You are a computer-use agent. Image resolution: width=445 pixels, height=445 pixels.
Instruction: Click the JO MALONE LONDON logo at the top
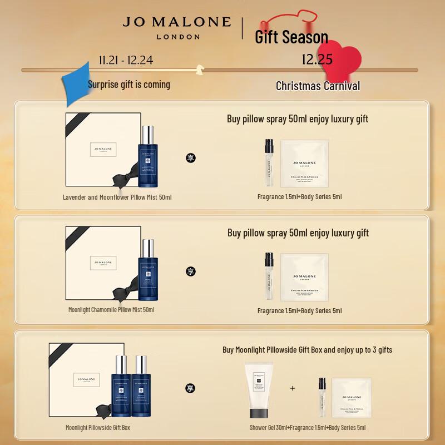tap(176, 27)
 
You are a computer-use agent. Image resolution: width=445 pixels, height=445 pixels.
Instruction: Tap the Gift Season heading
tap(291, 37)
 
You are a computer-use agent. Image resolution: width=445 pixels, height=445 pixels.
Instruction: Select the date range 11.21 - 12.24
tap(126, 60)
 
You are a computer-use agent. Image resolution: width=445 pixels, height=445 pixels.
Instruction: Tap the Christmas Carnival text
tap(318, 86)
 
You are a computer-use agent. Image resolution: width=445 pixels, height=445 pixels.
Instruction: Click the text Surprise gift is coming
tap(129, 85)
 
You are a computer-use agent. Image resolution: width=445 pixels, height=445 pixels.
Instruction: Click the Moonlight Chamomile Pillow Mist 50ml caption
tap(111, 309)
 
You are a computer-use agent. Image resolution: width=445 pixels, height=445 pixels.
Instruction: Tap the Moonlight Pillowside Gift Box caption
tap(97, 427)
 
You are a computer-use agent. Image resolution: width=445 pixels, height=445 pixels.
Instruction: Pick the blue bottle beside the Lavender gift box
tap(147, 158)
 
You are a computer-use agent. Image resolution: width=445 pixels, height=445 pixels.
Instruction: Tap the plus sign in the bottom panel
tap(293, 388)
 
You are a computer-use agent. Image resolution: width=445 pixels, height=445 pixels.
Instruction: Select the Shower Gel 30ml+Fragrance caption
tap(308, 427)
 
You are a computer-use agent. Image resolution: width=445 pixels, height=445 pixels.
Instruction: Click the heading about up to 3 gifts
tap(307, 350)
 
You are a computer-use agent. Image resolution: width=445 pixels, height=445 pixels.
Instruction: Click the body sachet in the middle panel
tap(304, 276)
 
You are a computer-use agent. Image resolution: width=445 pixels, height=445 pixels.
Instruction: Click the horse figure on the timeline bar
tap(198, 70)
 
